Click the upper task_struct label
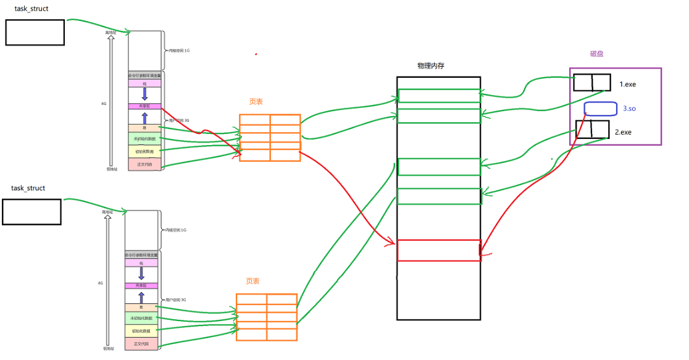32,9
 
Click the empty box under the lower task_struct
32,211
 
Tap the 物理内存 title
431,65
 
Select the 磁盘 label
596,54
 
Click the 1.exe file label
628,83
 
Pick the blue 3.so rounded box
601,109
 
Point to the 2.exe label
624,132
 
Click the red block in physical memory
439,250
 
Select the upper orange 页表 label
256,102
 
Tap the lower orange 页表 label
253,281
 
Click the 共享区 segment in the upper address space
144,106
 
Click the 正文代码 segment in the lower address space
141,343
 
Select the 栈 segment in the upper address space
144,83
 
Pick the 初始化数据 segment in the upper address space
144,151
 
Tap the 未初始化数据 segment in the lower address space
141,318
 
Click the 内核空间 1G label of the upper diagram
179,50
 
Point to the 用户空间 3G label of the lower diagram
176,299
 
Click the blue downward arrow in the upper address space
144,94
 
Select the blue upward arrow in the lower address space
141,297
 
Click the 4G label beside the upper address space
104,104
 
